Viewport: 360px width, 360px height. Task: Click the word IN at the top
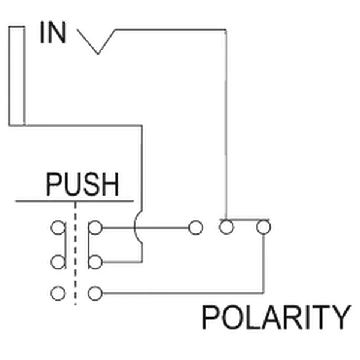point(53,32)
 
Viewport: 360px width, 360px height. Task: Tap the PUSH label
point(82,184)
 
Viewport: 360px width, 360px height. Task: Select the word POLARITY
point(276,317)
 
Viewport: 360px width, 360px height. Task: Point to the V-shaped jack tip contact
point(98,53)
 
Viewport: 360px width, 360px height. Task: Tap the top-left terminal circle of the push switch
point(58,227)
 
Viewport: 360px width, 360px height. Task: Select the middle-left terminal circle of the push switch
point(58,262)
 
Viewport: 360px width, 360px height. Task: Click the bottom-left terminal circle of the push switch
point(58,293)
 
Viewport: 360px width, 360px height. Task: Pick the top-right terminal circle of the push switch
point(95,227)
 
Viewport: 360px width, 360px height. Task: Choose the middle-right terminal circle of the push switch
point(95,262)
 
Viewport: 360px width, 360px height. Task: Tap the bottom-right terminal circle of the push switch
point(95,293)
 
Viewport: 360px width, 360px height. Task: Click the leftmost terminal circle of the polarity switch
point(196,227)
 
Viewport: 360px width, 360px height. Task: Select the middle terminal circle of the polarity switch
point(226,227)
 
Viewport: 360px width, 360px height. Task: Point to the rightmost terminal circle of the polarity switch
point(263,227)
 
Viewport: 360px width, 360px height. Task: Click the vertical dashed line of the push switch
point(76,253)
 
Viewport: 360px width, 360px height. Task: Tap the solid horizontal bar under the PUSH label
point(74,201)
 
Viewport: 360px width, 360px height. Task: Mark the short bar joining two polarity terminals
point(244,220)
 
